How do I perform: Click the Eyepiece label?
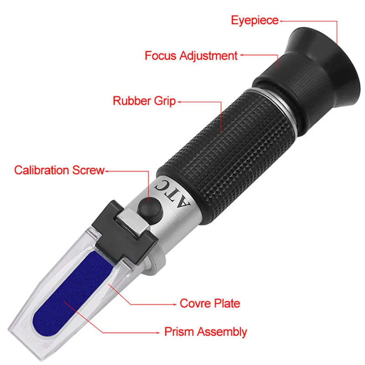coord(255,20)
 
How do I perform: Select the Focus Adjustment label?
coord(191,56)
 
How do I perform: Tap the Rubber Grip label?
coord(144,101)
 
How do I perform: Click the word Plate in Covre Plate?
coord(225,303)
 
